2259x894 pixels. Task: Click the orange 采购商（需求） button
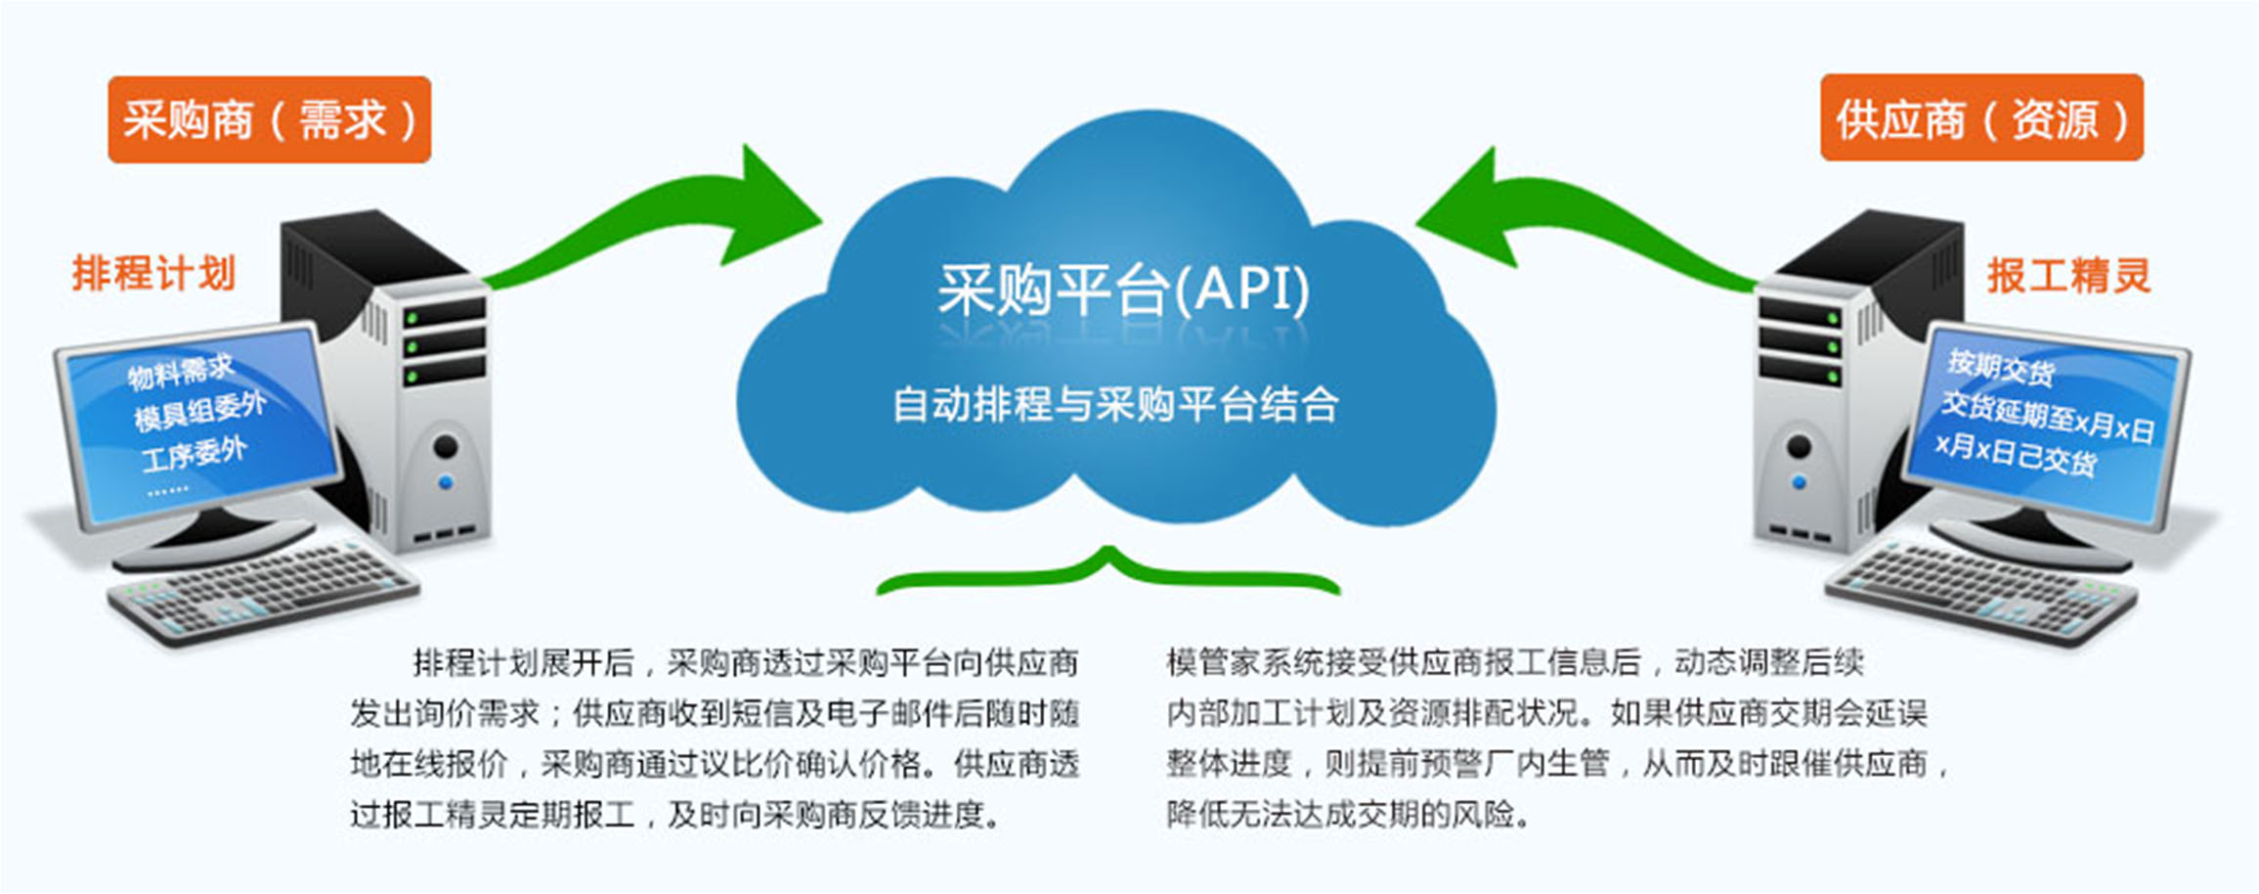(269, 119)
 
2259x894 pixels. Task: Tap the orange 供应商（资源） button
(1981, 117)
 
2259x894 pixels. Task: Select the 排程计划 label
(153, 273)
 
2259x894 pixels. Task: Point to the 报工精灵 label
(2068, 275)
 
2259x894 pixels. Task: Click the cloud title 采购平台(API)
(1123, 290)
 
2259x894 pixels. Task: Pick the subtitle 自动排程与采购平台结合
(1115, 404)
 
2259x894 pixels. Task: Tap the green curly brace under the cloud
(1108, 571)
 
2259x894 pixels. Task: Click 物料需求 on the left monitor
(182, 371)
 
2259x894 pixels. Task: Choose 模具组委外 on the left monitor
(199, 411)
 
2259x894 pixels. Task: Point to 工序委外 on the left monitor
(194, 455)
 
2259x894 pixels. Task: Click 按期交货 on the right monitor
(2000, 367)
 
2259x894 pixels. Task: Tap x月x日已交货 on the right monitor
(2016, 454)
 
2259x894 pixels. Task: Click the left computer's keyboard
(264, 590)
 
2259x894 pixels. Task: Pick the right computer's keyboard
(1980, 592)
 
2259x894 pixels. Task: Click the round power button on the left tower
(446, 447)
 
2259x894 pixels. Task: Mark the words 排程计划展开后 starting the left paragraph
(524, 663)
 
